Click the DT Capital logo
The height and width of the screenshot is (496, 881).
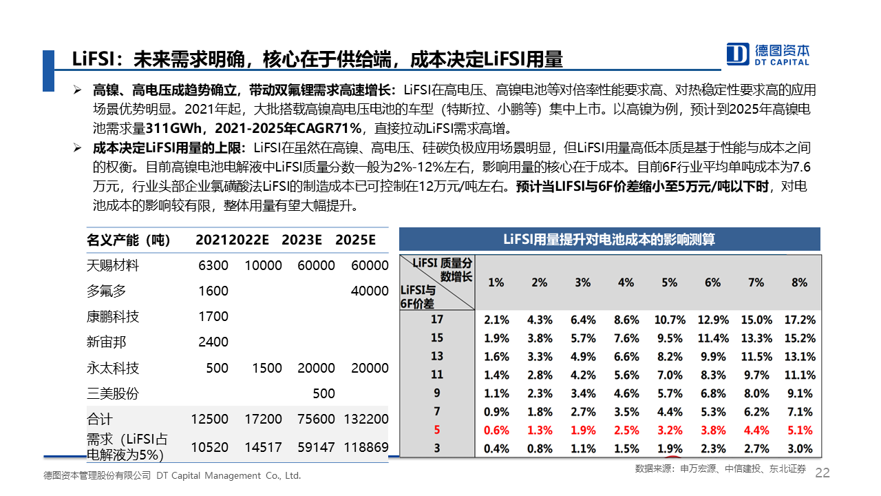(x=768, y=54)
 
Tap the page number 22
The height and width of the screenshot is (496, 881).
(x=822, y=473)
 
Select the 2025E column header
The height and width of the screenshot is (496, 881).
(x=355, y=240)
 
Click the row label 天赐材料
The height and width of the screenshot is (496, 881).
(x=113, y=265)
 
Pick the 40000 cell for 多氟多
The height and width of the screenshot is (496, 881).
(x=370, y=291)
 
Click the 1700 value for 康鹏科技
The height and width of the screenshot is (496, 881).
(x=213, y=316)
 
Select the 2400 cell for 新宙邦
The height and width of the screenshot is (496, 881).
(x=213, y=342)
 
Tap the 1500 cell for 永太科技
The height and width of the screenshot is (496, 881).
(x=267, y=368)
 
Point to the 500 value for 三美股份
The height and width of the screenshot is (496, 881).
(x=323, y=393)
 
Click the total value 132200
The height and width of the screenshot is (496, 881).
(x=365, y=419)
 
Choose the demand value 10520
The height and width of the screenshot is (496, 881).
(x=209, y=447)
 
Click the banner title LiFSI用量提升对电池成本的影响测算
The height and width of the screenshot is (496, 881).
(x=609, y=239)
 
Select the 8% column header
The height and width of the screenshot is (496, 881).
(x=799, y=282)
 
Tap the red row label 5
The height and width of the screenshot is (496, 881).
(x=436, y=431)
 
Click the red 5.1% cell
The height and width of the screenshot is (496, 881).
(x=799, y=431)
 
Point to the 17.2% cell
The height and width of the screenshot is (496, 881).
(x=799, y=320)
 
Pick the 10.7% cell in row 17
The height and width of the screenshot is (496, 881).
(x=670, y=320)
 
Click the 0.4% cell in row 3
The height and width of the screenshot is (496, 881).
(x=496, y=448)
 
